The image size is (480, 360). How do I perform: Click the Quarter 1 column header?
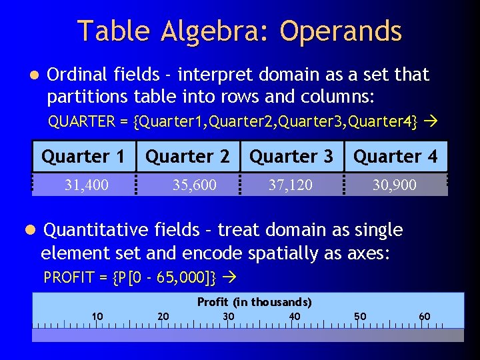[x=83, y=157]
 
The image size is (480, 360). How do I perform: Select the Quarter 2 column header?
[x=187, y=157]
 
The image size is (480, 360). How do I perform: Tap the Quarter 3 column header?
[x=291, y=157]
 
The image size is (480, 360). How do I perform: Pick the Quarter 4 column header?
[x=395, y=157]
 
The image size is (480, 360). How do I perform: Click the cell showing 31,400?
[x=86, y=185]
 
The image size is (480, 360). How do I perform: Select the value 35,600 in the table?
[x=194, y=185]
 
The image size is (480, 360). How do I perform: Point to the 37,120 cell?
[x=290, y=185]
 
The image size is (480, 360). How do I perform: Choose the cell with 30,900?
[x=394, y=185]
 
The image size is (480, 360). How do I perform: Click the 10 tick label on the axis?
[x=97, y=316]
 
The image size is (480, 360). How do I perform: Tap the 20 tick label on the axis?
[x=163, y=316]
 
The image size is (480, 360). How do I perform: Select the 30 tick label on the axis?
[x=228, y=316]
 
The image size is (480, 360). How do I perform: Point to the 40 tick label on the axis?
[x=294, y=316]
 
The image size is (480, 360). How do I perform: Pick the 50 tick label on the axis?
[x=360, y=316]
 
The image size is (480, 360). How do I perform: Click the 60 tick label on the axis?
[x=425, y=316]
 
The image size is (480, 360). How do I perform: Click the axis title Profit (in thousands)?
[x=254, y=302]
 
